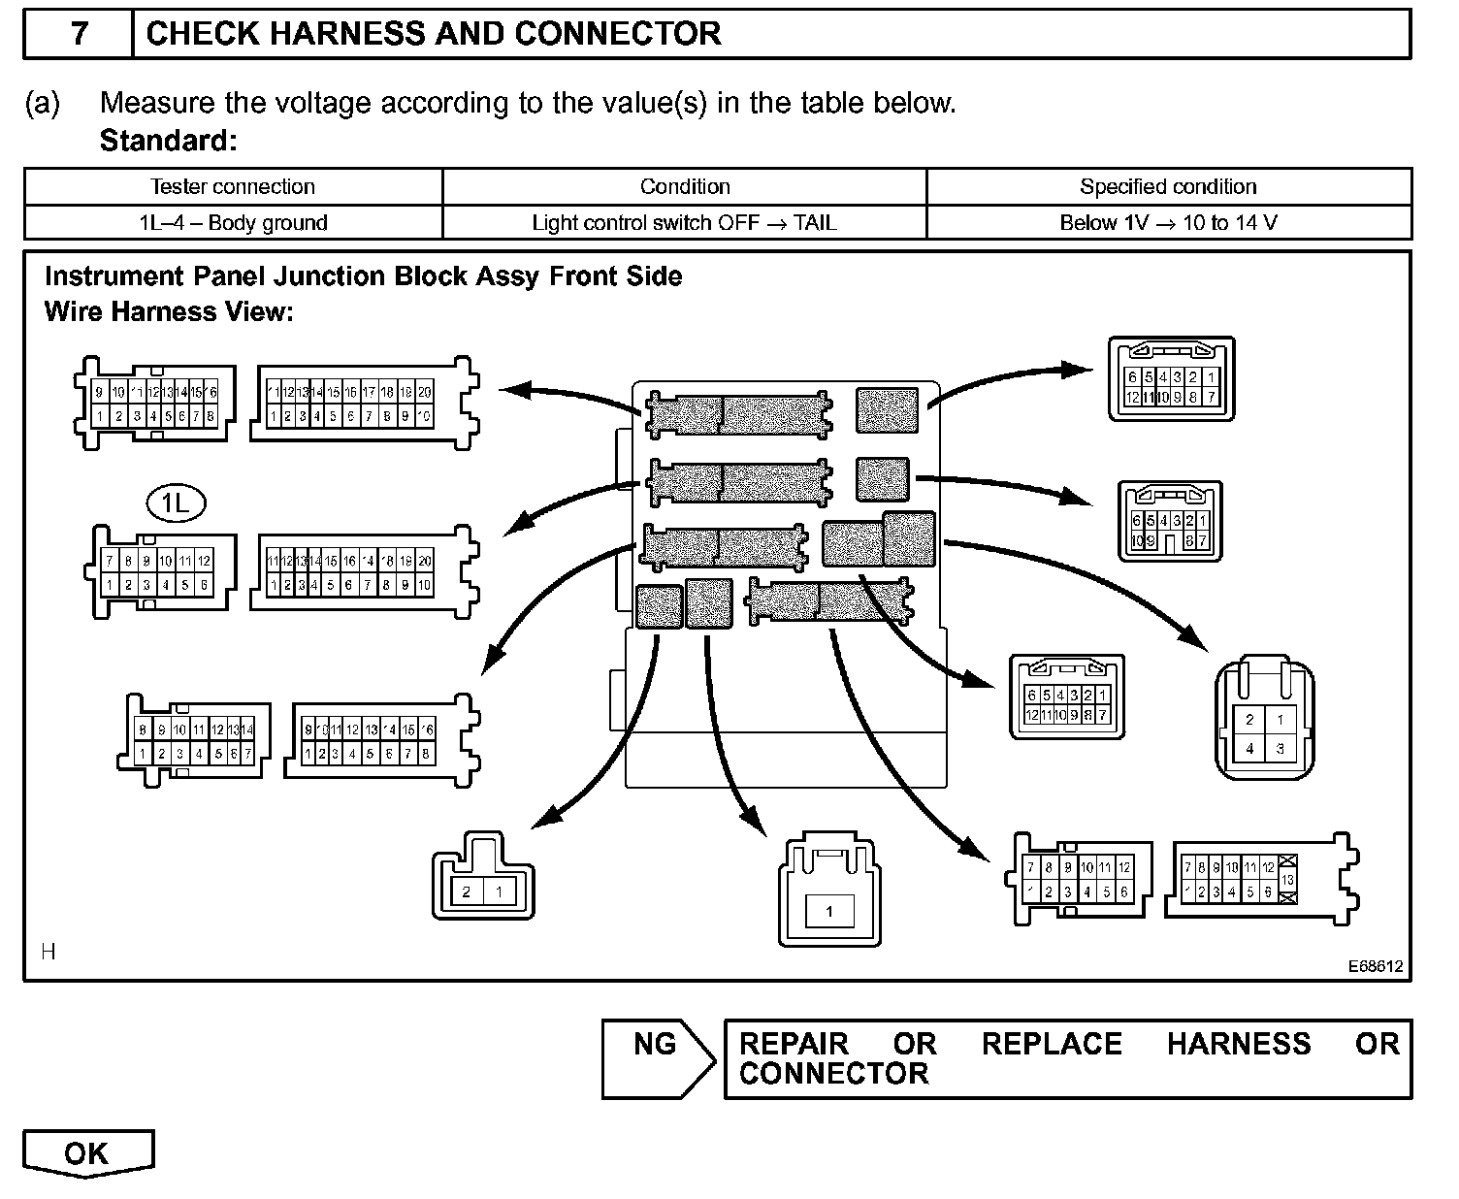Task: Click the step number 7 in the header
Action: coord(79,34)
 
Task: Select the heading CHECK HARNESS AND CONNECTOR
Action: coord(433,34)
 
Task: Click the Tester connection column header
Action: coord(233,186)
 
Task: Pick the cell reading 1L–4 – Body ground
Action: coord(233,222)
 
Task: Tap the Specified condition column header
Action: coord(1168,186)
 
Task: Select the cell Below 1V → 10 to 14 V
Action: coord(1168,222)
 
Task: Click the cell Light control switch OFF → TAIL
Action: coord(684,222)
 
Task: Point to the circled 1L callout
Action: coord(176,502)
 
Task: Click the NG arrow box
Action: coord(658,1057)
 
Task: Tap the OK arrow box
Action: coord(87,1152)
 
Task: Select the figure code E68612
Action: coord(1375,966)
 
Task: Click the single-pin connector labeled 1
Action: coord(828,911)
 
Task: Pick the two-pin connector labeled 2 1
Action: coord(483,891)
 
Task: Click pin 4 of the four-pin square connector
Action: coord(1249,748)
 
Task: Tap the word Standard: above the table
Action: coord(168,141)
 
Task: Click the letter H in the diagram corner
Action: coord(49,952)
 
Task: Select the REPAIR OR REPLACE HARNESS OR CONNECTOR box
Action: coord(1067,1058)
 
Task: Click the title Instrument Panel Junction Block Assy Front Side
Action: coord(363,276)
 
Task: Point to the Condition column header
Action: coord(684,186)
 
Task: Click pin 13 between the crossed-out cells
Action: coord(1288,880)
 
